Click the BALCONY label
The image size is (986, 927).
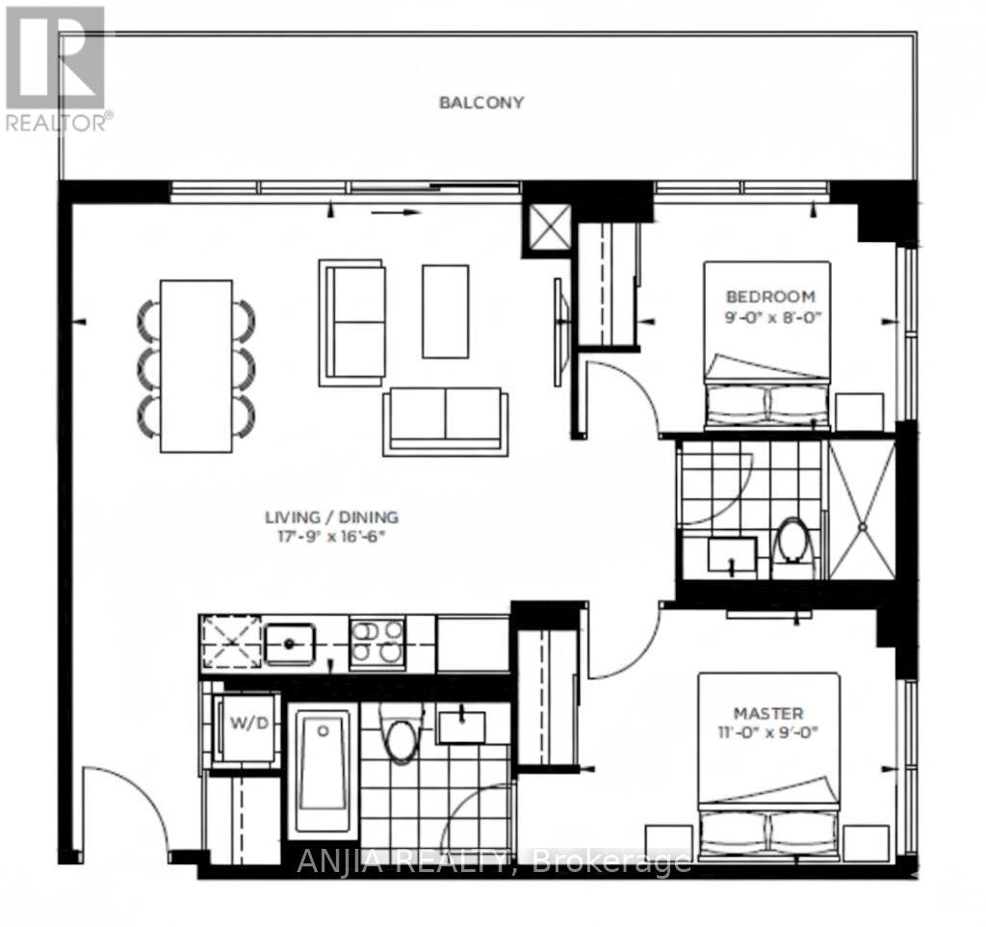coord(481,102)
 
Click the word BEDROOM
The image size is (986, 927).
coord(770,296)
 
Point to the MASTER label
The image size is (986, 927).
coord(768,713)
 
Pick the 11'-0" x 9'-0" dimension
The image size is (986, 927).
coord(768,730)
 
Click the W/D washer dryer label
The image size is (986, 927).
coord(247,725)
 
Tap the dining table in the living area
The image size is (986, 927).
coord(196,365)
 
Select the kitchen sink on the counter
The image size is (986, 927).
coord(290,643)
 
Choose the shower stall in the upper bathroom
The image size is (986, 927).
coord(861,508)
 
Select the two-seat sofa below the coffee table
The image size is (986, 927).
coord(444,420)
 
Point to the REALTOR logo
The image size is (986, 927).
coord(56,67)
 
